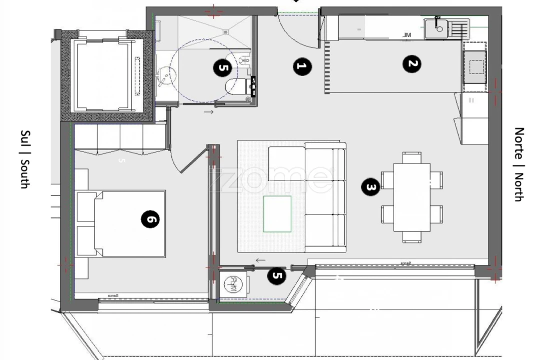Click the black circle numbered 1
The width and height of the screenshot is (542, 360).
click(301, 66)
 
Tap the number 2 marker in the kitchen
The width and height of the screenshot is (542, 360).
click(412, 64)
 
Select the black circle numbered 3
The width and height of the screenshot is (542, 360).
click(371, 187)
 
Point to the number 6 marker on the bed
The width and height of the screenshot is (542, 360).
click(150, 219)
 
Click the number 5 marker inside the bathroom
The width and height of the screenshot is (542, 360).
click(222, 67)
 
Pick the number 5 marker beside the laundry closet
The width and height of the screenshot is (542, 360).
click(277, 276)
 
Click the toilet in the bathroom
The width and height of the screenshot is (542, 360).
click(235, 86)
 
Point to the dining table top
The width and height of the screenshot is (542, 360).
click(412, 197)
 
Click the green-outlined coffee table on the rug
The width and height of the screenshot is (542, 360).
click(277, 213)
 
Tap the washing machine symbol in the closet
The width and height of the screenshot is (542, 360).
click(234, 284)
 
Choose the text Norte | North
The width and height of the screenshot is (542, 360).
click(520, 164)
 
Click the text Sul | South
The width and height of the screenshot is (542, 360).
click(24, 159)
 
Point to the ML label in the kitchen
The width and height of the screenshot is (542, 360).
click(407, 34)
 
